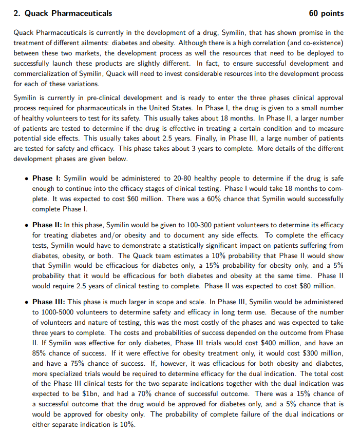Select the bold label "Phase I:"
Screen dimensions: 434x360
(x=47, y=179)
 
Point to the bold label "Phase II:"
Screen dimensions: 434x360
(x=48, y=225)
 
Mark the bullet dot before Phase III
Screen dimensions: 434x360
(x=26, y=302)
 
